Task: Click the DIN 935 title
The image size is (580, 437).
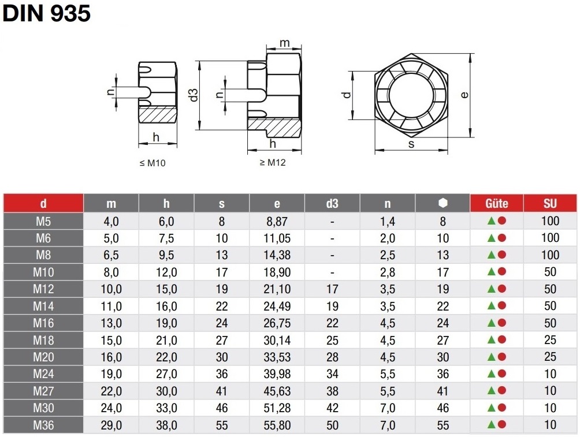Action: pos(47,13)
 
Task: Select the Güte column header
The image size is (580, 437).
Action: pos(496,203)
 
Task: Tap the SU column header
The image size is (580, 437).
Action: pos(550,203)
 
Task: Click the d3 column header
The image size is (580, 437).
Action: pos(332,203)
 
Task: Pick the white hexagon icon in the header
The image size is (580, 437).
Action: pos(443,203)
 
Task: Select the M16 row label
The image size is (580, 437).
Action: pos(43,323)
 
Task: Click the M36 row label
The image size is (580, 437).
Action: pos(43,425)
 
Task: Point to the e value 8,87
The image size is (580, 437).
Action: pos(277,222)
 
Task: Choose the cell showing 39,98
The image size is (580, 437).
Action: pos(277,374)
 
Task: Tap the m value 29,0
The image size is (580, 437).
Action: pos(111,425)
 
